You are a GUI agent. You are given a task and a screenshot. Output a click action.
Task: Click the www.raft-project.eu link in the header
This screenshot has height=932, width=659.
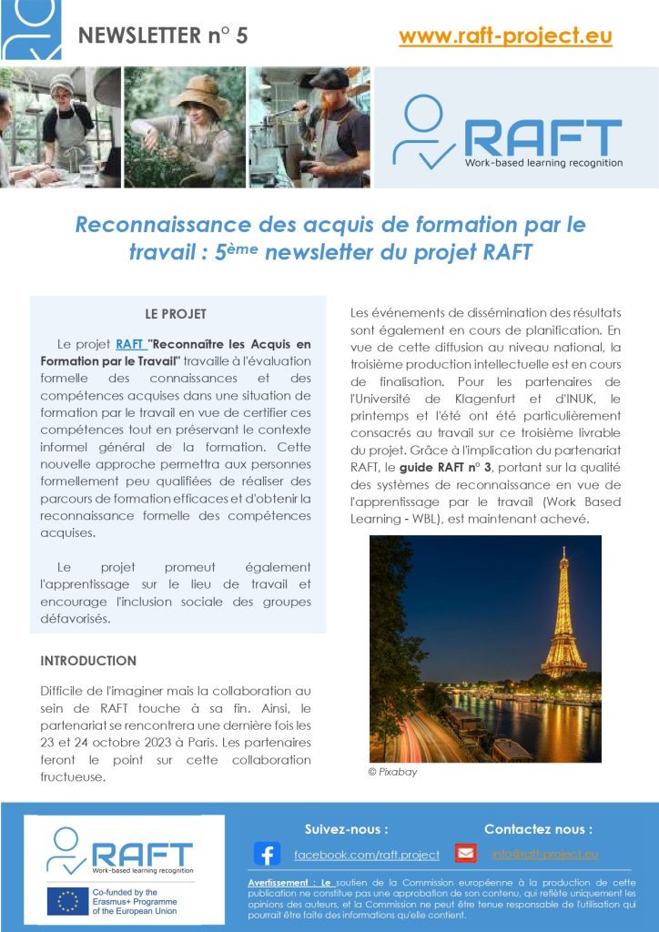505,36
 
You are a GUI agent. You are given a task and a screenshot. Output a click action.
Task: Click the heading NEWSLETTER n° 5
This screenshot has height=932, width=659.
163,36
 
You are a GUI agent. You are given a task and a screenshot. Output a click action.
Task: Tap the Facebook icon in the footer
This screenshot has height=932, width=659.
267,855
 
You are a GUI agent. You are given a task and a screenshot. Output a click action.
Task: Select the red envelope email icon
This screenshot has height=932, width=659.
466,854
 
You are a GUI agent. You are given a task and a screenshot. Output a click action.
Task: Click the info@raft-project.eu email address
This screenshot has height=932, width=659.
544,854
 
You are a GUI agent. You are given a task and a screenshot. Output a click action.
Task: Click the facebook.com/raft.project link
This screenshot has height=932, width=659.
367,855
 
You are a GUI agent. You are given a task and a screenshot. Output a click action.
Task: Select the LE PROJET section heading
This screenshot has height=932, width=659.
176,314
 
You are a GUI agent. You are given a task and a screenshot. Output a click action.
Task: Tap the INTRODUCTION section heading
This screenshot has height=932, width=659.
88,661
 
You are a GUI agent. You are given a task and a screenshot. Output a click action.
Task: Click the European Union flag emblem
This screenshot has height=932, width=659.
68,900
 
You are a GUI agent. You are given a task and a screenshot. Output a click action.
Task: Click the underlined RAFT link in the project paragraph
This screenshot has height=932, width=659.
130,344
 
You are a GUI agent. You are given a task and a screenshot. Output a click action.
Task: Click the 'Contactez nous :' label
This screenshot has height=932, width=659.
538,829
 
